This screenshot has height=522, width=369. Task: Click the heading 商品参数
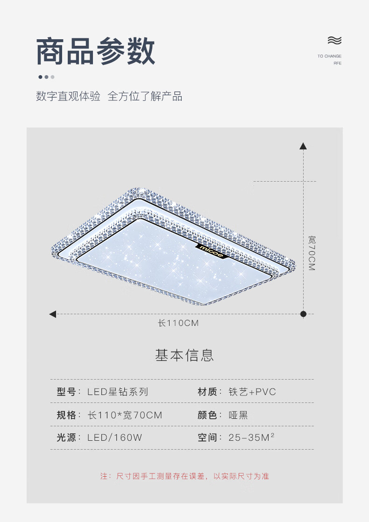point(96,51)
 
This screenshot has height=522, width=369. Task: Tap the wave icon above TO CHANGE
point(334,40)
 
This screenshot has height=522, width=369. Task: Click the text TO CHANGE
point(329,56)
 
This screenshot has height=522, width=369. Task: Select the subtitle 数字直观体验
point(68,97)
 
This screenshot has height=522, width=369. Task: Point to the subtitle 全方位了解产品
point(145,97)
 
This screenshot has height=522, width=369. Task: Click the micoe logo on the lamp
point(213,250)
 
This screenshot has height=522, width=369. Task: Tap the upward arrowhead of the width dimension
point(303,146)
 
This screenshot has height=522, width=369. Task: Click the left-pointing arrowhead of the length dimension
point(53,314)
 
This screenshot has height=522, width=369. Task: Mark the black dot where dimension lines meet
point(303,314)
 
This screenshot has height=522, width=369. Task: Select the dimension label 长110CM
point(178,323)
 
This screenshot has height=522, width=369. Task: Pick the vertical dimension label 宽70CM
point(312,253)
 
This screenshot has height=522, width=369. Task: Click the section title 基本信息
point(184,355)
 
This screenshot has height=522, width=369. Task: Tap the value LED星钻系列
point(118,392)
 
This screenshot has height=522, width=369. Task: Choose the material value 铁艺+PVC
point(252,392)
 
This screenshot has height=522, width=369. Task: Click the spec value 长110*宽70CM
point(125,415)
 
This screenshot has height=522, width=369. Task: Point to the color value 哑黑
point(238,415)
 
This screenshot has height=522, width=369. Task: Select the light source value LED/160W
point(115,438)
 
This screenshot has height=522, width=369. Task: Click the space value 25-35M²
point(251,438)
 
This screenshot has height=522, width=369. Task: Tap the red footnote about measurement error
point(184,476)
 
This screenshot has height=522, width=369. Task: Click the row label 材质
point(207,392)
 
